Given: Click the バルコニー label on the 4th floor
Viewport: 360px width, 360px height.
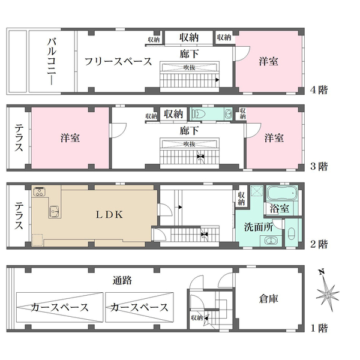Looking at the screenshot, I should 53,61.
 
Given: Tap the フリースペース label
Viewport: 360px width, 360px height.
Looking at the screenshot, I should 118,61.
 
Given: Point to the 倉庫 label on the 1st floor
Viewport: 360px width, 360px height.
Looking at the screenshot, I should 269,298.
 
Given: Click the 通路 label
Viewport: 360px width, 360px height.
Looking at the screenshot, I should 122,280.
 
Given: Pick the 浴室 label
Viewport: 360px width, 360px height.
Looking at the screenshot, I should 279,209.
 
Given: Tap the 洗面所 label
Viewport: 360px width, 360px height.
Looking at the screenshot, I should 259,227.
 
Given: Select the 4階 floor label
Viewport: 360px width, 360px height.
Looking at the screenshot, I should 319,90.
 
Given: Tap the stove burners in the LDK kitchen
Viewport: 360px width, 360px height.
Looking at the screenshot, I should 40,192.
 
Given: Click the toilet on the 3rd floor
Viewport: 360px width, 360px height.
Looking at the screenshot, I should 199,113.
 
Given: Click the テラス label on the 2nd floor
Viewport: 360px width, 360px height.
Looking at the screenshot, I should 17,215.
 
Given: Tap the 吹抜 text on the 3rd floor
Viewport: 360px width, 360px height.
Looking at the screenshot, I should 190,143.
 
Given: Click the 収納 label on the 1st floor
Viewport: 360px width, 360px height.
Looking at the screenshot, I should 196,317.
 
